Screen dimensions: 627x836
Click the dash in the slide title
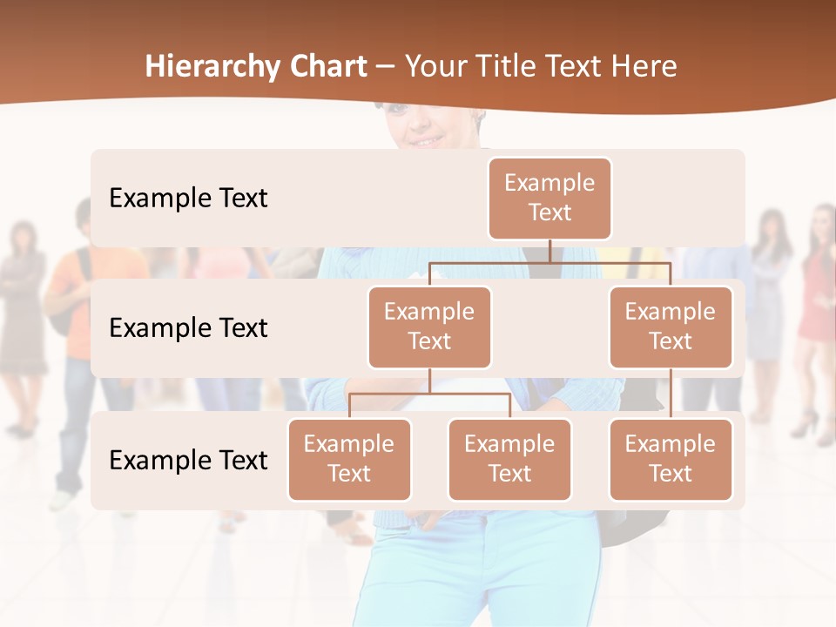[x=386, y=68]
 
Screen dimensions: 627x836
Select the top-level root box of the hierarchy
[x=549, y=198]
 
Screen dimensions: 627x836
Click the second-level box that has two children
[x=429, y=327]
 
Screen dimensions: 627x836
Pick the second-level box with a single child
[x=671, y=327]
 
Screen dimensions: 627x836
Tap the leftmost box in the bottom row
[x=349, y=459]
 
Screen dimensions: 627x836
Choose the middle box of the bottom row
[x=509, y=459]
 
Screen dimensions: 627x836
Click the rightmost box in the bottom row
[x=671, y=459]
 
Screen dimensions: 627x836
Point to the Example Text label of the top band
[x=188, y=199]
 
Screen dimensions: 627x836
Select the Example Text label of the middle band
[x=188, y=328]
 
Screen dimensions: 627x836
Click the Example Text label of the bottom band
[x=188, y=461]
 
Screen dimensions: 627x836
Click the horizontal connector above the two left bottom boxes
[x=429, y=394]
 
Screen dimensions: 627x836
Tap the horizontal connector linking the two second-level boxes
[x=549, y=262]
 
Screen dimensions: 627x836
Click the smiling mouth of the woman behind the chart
[x=426, y=139]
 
